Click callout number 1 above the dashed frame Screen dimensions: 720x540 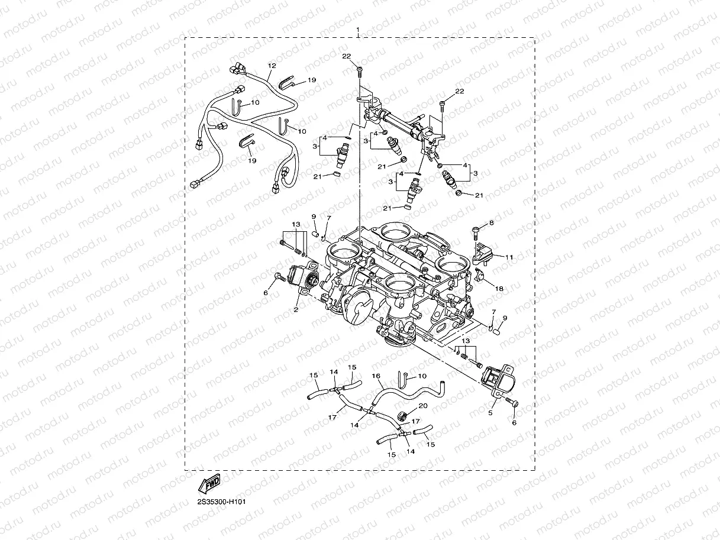pyautogui.click(x=357, y=30)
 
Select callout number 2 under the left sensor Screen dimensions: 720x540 pyautogui.click(x=296, y=308)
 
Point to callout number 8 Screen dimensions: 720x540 pyautogui.click(x=491, y=223)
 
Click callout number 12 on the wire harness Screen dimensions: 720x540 pyautogui.click(x=272, y=66)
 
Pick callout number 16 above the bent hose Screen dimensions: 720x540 pyautogui.click(x=375, y=376)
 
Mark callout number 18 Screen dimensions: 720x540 pyautogui.click(x=499, y=288)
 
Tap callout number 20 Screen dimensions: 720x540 pyautogui.click(x=422, y=406)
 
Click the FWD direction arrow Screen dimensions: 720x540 pyautogui.click(x=209, y=484)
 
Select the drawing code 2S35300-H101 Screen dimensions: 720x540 pyautogui.click(x=221, y=502)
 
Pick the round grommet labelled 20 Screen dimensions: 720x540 pyautogui.click(x=403, y=415)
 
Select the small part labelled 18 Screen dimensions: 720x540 pyautogui.click(x=481, y=274)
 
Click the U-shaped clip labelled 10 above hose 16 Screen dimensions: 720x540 pyautogui.click(x=401, y=376)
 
